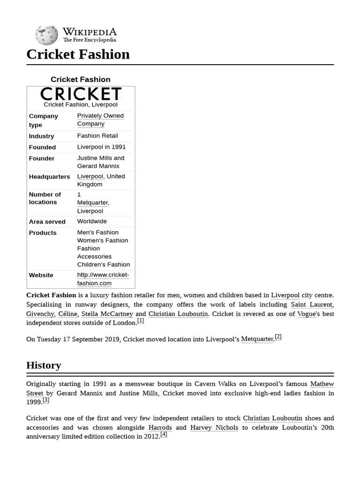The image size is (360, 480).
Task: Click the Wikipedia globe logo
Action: coord(46,35)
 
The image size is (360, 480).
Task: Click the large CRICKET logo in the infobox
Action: coord(81,94)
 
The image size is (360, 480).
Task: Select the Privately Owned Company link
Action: coord(100,120)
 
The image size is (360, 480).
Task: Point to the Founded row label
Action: coord(42,147)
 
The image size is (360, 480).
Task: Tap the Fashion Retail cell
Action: coord(97,136)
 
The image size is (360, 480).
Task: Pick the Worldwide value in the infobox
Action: coord(92,221)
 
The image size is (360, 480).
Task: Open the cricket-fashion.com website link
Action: coord(103,279)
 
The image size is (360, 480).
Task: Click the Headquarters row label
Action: coord(49,177)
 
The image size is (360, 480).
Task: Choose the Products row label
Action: coord(43,232)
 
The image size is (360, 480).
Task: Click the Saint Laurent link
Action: coord(311,305)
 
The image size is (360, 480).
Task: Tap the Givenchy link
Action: coord(40,314)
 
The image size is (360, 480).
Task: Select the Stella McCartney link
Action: coord(107,314)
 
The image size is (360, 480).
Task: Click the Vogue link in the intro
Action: coord(306,314)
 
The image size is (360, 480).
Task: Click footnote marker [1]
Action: coord(141,321)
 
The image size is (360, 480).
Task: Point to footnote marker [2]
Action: coord(278,337)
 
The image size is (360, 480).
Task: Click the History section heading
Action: coord(44,365)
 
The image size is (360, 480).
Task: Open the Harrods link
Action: coord(160,427)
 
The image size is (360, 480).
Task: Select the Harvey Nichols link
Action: coord(214,427)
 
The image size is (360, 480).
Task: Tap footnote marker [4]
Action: coord(164,435)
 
